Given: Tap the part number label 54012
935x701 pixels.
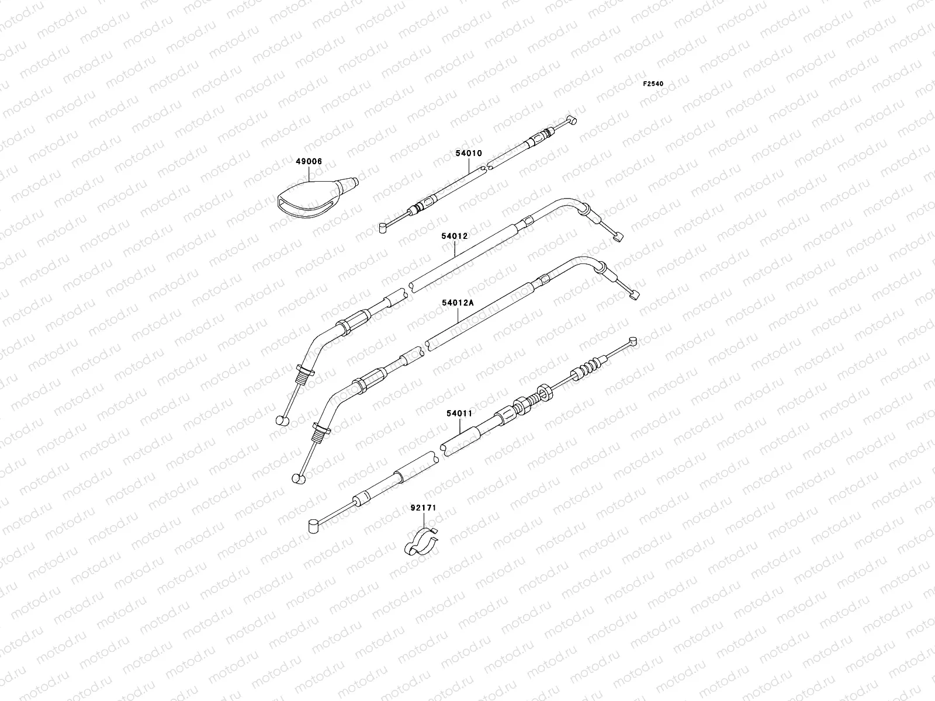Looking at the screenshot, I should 454,252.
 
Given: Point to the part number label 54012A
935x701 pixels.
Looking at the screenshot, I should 458,303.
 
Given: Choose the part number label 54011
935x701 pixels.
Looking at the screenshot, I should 459,413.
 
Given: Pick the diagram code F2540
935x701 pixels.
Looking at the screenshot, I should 653,84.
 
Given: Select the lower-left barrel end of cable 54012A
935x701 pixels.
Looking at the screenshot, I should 297,478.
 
